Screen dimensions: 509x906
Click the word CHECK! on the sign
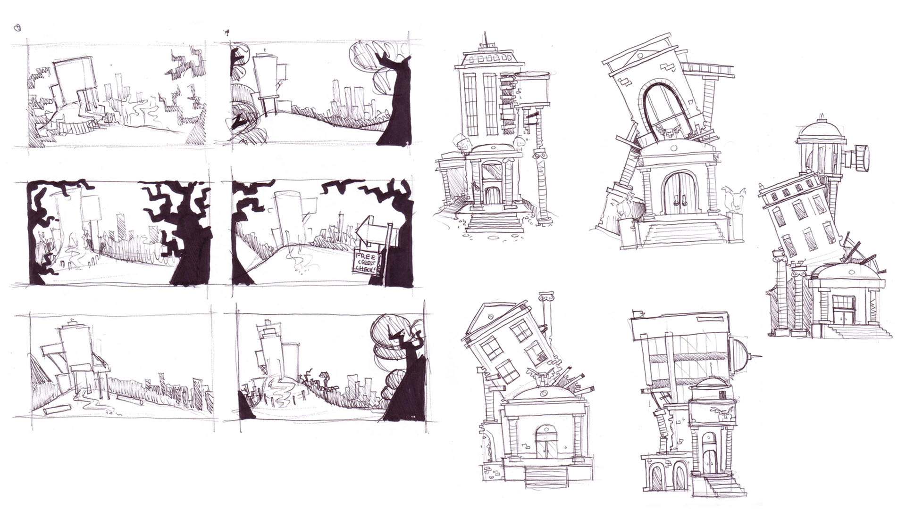366,270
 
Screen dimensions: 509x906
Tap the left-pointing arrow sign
371,230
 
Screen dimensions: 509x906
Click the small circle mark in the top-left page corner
17,28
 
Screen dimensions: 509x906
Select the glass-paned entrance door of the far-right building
845,310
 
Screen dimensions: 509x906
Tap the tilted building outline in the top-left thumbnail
71,80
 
